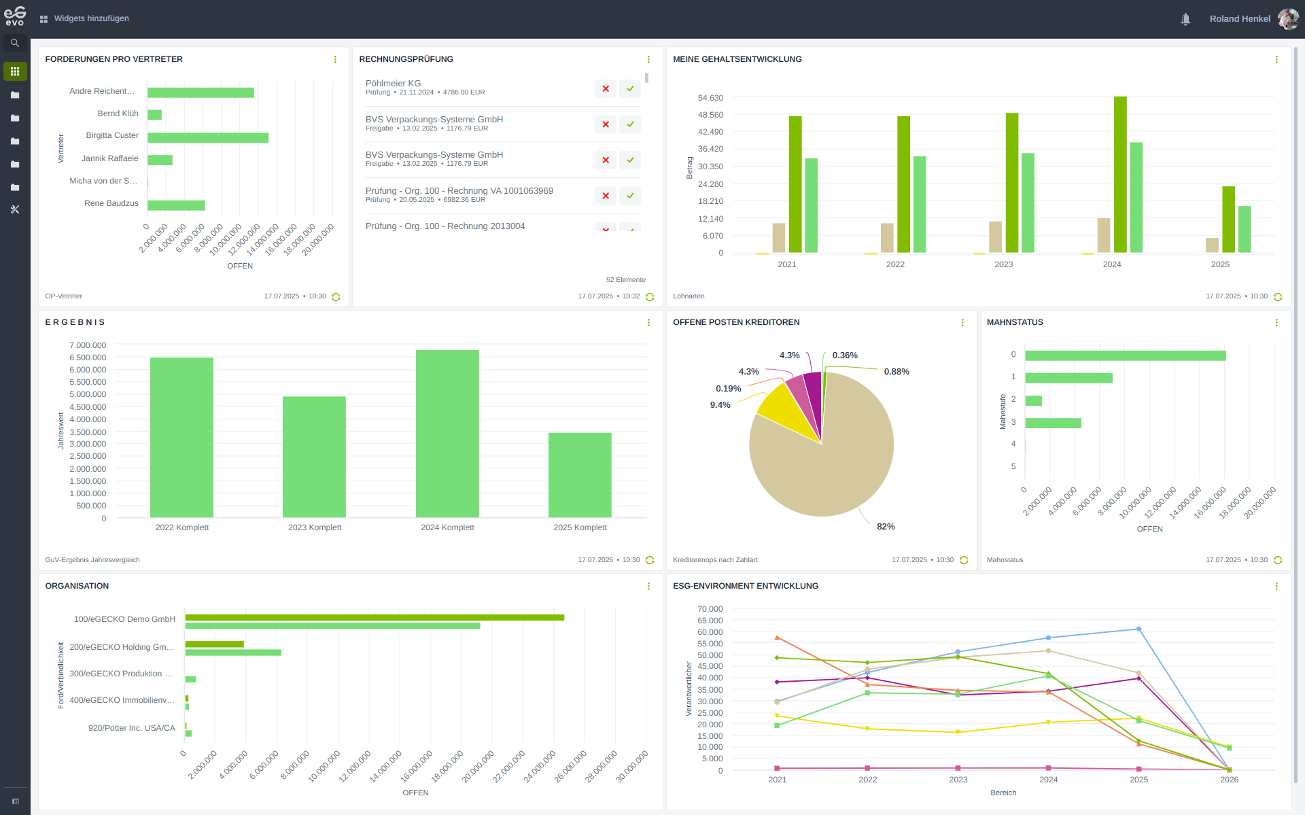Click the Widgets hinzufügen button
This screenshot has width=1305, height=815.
click(x=84, y=18)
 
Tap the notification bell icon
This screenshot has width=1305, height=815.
click(x=1185, y=19)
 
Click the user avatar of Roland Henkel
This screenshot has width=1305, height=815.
click(x=1288, y=19)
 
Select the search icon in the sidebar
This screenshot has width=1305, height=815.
click(x=15, y=43)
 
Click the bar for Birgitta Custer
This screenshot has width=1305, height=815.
click(x=208, y=137)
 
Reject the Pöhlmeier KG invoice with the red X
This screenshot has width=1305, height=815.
click(x=606, y=89)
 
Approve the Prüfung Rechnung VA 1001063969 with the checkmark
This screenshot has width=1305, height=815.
click(x=630, y=196)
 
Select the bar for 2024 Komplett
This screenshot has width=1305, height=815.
click(x=447, y=434)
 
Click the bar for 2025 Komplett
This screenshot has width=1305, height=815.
click(x=580, y=475)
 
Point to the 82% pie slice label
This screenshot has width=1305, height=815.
click(x=886, y=527)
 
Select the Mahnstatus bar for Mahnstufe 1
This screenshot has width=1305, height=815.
click(x=1068, y=378)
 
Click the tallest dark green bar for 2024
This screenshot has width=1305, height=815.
click(x=1120, y=175)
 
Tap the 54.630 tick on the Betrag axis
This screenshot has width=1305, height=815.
click(x=710, y=98)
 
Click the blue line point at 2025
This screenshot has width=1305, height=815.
click(x=1139, y=629)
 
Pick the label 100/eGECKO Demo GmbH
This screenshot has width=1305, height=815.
click(x=124, y=619)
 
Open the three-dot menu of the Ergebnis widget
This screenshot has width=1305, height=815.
click(x=648, y=323)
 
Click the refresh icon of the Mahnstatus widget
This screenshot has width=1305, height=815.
click(x=1278, y=560)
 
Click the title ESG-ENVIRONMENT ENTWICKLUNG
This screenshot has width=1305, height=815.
click(x=746, y=586)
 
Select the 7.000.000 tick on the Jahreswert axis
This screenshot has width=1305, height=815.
click(x=88, y=345)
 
